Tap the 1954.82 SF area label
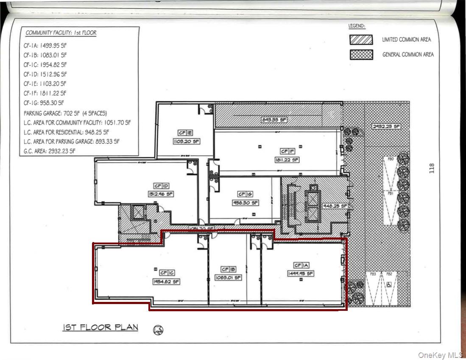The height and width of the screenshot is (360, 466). point(165,281)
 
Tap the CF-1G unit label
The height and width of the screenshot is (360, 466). point(246,194)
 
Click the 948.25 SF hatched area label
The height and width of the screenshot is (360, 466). point(335,206)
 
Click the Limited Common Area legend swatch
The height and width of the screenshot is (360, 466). point(361,40)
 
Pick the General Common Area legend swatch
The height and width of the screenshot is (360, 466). point(361,55)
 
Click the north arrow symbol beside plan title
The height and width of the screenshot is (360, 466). point(159,329)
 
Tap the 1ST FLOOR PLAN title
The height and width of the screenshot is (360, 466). point(100,328)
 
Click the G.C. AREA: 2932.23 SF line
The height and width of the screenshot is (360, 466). point(50,151)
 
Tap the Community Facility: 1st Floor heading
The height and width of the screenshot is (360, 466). point(61,33)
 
